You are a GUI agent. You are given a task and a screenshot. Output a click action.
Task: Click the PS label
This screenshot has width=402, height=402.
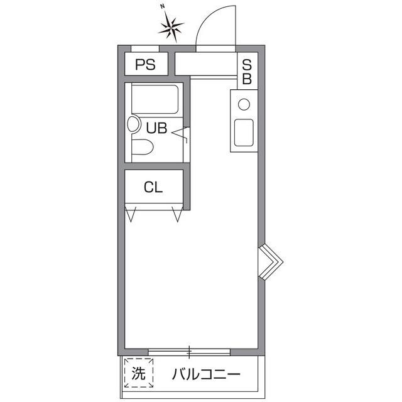pyautogui.click(x=146, y=65)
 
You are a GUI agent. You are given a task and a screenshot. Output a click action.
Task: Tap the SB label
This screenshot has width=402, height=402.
pyautogui.click(x=247, y=71)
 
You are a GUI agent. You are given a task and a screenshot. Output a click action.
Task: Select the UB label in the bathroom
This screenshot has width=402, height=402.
pyautogui.click(x=156, y=128)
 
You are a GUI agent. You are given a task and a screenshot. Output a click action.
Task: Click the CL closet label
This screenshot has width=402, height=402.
pyautogui.click(x=153, y=187)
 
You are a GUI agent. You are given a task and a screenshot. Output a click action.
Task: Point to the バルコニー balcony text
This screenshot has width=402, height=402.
pyautogui.click(x=206, y=375)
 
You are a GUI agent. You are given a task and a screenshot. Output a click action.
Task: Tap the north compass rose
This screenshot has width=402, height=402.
pyautogui.click(x=171, y=26)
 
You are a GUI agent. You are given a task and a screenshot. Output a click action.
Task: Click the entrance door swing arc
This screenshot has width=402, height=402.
pyautogui.click(x=214, y=25)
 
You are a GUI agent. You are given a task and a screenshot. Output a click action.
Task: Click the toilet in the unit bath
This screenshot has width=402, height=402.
pyautogui.click(x=143, y=149)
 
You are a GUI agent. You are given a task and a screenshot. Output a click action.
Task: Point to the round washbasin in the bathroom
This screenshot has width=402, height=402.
pyautogui.click(x=134, y=124)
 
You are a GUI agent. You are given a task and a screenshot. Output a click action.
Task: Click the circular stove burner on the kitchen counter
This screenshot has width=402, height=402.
pyautogui.click(x=244, y=104)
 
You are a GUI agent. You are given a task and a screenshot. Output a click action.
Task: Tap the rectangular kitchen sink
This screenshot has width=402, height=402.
pyautogui.click(x=244, y=132)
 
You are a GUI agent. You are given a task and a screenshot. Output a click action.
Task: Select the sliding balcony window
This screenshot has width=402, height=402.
pyautogui.click(x=188, y=351)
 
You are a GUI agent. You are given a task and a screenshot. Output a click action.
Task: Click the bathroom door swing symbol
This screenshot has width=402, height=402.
pyautogui.click(x=182, y=133)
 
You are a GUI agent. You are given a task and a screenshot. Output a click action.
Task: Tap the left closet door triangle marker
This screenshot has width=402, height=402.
pyautogui.click(x=131, y=215)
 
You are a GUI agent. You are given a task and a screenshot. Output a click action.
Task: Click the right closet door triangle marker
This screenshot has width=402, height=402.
pyautogui.click(x=178, y=215)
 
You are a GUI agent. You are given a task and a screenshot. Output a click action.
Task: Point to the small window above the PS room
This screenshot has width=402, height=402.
pyautogui.click(x=145, y=48)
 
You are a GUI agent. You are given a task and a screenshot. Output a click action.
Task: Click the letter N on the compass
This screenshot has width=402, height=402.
pyautogui.click(x=162, y=6)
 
